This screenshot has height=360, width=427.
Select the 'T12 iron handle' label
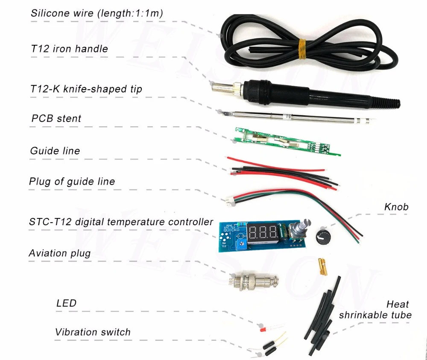69,49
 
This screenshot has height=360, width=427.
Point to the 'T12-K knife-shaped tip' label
86,89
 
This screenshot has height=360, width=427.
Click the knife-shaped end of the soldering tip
223,113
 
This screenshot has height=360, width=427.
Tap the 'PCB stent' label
56,118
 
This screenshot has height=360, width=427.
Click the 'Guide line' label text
55,151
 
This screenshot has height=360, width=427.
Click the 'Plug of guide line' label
72,181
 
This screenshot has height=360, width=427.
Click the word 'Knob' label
396,207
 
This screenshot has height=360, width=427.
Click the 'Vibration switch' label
93,332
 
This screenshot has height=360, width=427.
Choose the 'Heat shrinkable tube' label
375,310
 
